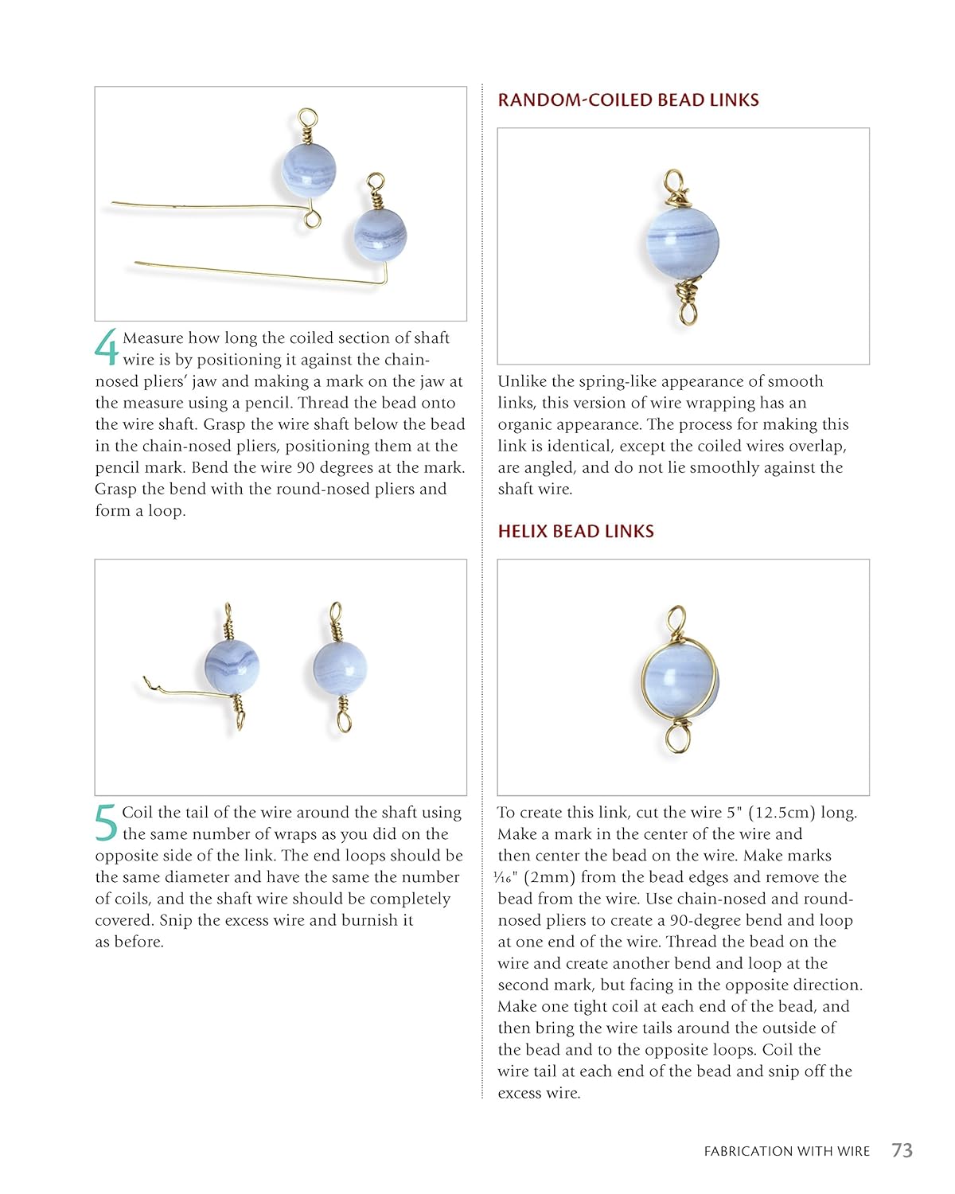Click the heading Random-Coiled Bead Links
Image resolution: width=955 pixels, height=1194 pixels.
pos(628,100)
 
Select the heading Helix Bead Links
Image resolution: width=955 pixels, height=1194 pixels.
pos(575,532)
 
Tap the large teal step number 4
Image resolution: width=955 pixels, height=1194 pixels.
pos(107,347)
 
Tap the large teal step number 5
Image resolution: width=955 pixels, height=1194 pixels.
pos(107,822)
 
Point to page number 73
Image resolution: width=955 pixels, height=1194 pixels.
pos(902,1150)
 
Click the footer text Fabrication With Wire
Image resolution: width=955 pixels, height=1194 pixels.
pos(786,1151)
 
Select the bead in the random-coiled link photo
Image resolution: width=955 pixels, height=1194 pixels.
pos(682,242)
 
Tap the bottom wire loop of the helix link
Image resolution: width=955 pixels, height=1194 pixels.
pos(677,738)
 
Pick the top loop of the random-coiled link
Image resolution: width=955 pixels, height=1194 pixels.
pos(674,181)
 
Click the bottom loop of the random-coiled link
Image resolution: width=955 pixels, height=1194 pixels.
pos(688,311)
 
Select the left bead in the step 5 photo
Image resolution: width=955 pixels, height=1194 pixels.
pos(232,665)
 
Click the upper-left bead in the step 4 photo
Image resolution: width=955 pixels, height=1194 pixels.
pos(309,169)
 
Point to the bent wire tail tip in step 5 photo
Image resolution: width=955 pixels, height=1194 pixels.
pos(146,680)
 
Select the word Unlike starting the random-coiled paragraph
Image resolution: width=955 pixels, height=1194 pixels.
pos(520,381)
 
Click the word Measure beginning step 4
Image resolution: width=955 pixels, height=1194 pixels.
pos(154,338)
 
